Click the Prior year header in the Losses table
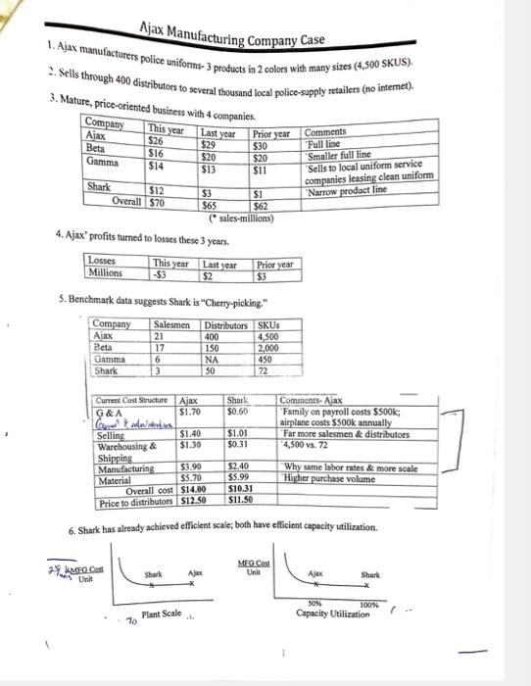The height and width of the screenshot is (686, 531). pos(274,264)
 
